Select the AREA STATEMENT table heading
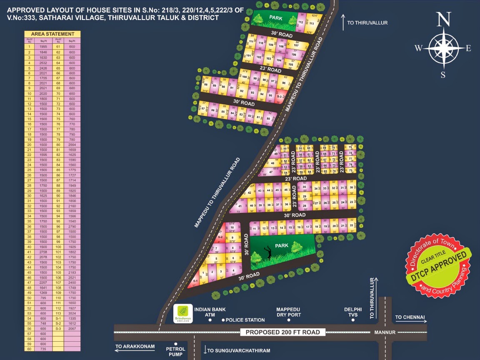(52, 34)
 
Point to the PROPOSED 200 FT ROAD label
(282, 332)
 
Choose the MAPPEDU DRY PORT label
(289, 312)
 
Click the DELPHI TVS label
(353, 312)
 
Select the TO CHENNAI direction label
(410, 317)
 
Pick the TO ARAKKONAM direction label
(135, 347)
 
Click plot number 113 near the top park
(311, 23)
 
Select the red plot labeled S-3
(280, 97)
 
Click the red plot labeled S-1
(194, 282)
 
